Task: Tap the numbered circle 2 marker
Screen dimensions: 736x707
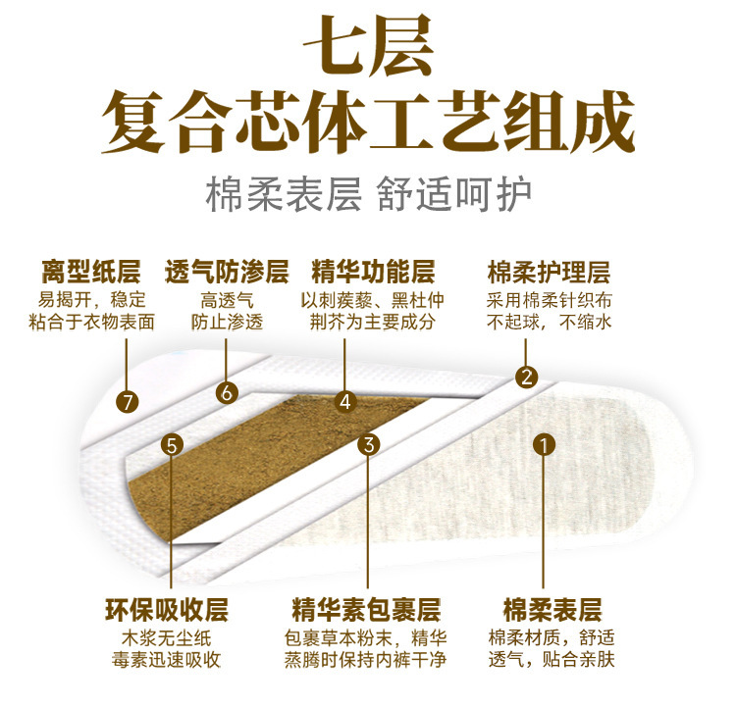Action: pyautogui.click(x=528, y=377)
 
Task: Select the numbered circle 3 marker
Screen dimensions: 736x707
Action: pyautogui.click(x=369, y=444)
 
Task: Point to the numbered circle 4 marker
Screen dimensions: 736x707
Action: pyautogui.click(x=343, y=400)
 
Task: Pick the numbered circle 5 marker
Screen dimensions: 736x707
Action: pyautogui.click(x=173, y=445)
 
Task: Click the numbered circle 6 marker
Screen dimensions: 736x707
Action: pyautogui.click(x=227, y=392)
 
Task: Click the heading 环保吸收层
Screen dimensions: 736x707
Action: pyautogui.click(x=166, y=609)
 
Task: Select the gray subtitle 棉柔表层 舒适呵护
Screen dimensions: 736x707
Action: pyautogui.click(x=368, y=193)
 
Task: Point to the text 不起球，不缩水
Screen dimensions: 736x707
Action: pyautogui.click(x=549, y=321)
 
